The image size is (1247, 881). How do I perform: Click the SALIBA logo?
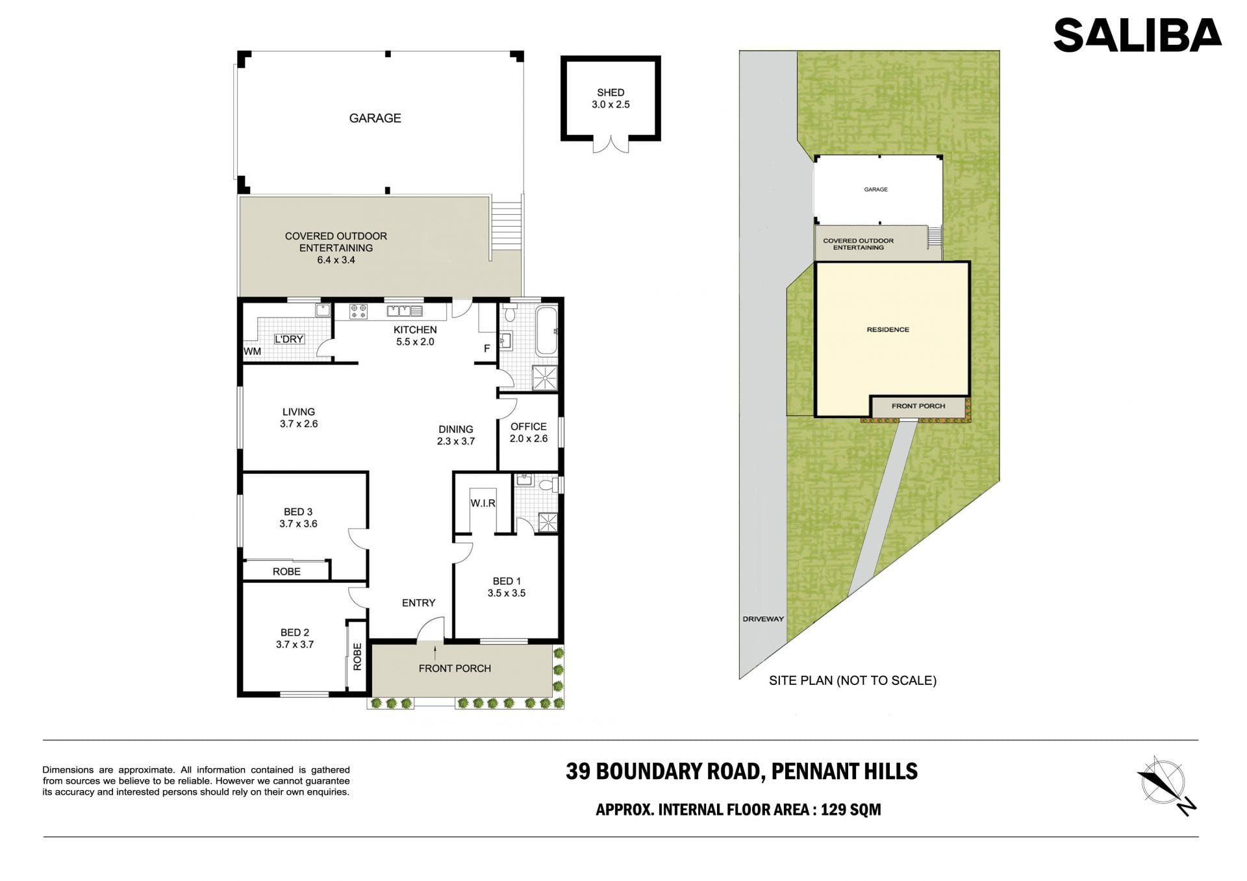click(1137, 35)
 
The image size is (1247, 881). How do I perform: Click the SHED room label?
click(611, 93)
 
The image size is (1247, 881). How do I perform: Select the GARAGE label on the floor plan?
click(375, 118)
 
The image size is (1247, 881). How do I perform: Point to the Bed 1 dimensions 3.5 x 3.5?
click(507, 593)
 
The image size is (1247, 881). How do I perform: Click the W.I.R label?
click(483, 503)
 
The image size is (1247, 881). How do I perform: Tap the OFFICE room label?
click(529, 427)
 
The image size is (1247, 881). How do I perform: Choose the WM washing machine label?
click(252, 351)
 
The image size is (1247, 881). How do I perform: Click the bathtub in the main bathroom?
click(546, 331)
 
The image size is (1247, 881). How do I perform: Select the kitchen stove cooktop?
click(359, 312)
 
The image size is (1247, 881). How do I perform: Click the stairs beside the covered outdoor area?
click(506, 225)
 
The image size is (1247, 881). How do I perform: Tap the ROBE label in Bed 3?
click(286, 571)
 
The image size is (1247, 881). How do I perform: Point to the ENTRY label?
click(418, 603)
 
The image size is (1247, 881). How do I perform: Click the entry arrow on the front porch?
click(435, 652)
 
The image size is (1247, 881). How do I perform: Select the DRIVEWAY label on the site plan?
click(763, 619)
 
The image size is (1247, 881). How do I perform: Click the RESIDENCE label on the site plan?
click(888, 330)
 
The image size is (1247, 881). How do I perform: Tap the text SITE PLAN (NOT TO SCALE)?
click(853, 680)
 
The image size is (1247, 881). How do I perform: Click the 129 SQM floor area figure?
click(851, 810)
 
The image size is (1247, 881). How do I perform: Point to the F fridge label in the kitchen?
click(486, 349)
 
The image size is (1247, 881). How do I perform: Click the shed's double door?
click(611, 145)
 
